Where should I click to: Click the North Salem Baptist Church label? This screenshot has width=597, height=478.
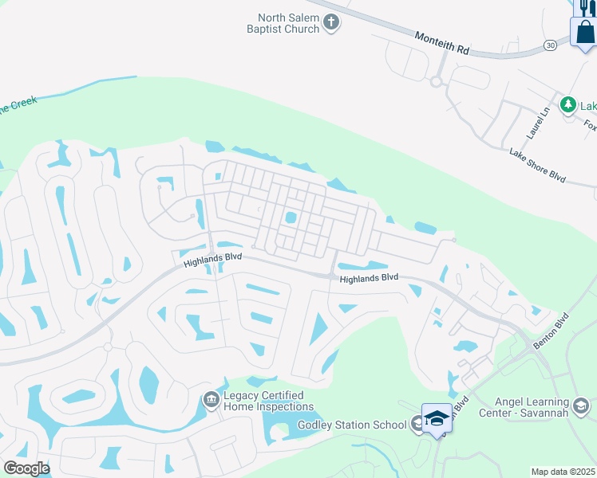pyautogui.click(x=288, y=23)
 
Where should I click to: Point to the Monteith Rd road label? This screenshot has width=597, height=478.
pyautogui.click(x=442, y=42)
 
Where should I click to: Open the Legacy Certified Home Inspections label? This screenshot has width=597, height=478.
pyautogui.click(x=267, y=401)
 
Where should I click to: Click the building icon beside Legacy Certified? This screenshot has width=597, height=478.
pyautogui.click(x=211, y=399)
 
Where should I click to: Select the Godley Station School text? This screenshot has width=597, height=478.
pyautogui.click(x=353, y=425)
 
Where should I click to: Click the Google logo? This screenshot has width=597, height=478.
pyautogui.click(x=26, y=468)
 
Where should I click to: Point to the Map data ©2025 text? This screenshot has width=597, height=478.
pyautogui.click(x=563, y=472)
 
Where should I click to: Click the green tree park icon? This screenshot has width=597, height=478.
pyautogui.click(x=567, y=104)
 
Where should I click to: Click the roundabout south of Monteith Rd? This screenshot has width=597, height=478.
pyautogui.click(x=436, y=80)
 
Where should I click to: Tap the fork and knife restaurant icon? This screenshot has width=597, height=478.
pyautogui.click(x=585, y=6)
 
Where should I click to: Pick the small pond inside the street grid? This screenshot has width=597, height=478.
pyautogui.click(x=291, y=217)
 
